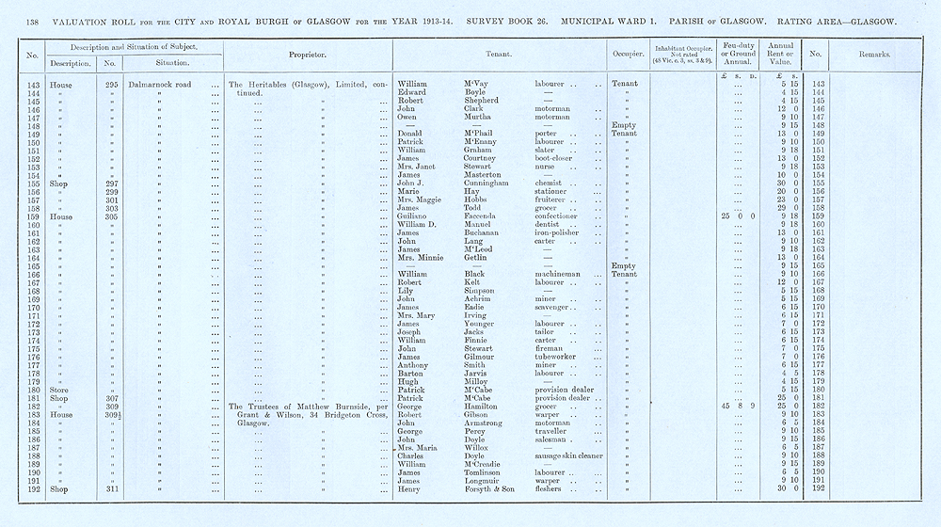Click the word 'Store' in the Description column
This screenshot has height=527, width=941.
click(63, 388)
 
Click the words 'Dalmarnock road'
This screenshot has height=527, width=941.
click(161, 84)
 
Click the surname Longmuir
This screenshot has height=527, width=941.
click(485, 481)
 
